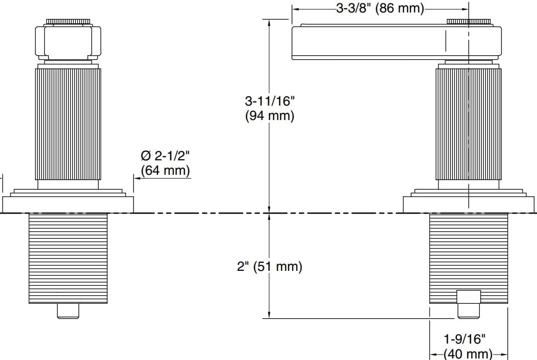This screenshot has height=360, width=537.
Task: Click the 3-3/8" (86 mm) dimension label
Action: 380,8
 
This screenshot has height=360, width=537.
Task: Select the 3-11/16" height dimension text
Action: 269,101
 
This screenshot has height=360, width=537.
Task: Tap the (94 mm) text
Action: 269,116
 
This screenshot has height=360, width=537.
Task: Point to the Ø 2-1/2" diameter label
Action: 165,156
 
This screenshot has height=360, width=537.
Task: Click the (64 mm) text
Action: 165,171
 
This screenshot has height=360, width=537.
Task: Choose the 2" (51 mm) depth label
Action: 269,266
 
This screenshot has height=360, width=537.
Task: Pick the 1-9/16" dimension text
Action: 464,340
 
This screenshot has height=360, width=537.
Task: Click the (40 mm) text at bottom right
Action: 467,354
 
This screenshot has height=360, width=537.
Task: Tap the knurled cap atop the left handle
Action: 68,22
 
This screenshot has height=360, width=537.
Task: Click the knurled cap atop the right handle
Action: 469,21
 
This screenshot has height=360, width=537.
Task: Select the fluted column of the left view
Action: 68,123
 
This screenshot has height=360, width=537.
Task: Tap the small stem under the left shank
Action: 68,311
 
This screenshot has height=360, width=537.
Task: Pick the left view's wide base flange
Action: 68,204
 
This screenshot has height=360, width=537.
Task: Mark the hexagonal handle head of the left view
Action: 68,42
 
